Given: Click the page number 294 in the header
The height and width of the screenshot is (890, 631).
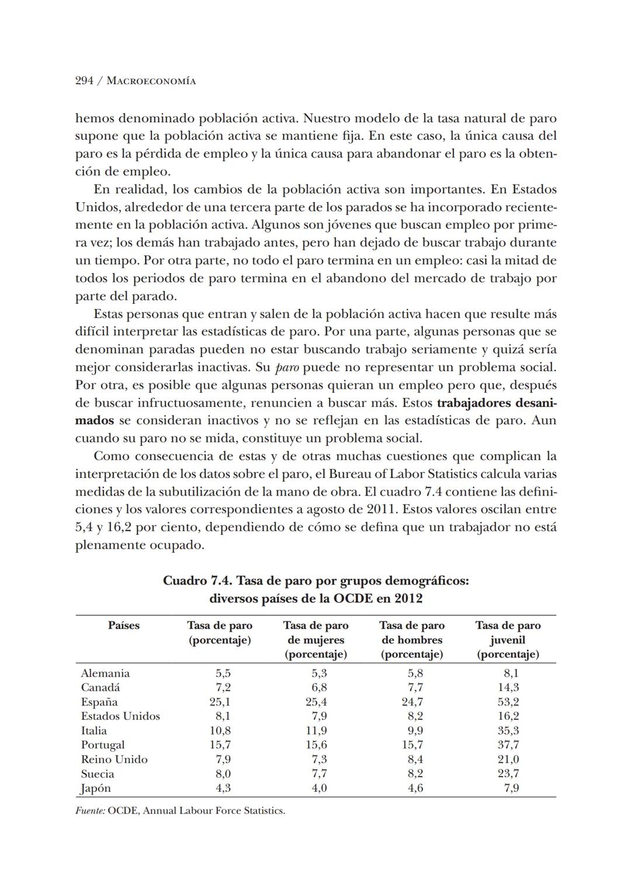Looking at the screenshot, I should pyautogui.click(x=84, y=81).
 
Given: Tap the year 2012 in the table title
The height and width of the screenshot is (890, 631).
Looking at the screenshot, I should pyautogui.click(x=408, y=598).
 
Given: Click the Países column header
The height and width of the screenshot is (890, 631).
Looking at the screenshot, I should pyautogui.click(x=124, y=625).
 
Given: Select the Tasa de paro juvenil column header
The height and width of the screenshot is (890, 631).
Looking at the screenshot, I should pyautogui.click(x=508, y=639).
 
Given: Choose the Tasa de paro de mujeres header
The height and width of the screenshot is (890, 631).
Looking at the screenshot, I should pyautogui.click(x=315, y=639).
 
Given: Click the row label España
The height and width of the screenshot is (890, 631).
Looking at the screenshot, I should pyautogui.click(x=99, y=702).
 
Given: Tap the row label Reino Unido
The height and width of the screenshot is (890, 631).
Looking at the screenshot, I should pyautogui.click(x=114, y=759).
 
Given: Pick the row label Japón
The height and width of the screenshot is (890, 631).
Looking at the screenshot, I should pyautogui.click(x=96, y=788).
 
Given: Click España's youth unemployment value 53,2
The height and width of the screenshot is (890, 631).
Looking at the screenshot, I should pyautogui.click(x=508, y=702).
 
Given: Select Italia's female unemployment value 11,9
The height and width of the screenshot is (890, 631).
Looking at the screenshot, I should pyautogui.click(x=316, y=730).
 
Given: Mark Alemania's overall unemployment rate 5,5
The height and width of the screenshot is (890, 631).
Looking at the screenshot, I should pyautogui.click(x=223, y=673).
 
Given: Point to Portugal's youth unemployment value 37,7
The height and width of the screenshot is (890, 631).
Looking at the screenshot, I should pyautogui.click(x=508, y=745).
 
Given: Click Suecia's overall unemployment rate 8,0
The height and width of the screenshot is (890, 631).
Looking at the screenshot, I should pyautogui.click(x=223, y=774).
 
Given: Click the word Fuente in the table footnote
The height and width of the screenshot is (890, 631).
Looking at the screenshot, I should pyautogui.click(x=90, y=811).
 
